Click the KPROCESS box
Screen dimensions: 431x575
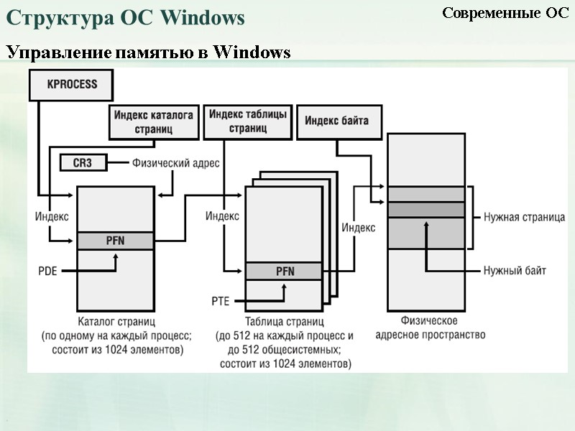coord(72,84)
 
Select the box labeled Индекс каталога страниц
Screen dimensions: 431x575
coord(155,121)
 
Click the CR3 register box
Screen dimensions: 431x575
coord(83,163)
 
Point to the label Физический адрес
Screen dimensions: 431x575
coord(175,163)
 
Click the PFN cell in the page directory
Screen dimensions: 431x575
coord(115,241)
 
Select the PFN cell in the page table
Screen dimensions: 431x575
coord(285,271)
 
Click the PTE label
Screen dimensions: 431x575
coord(220,300)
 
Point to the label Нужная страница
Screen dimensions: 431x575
coord(524,217)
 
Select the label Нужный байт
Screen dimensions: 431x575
coord(515,271)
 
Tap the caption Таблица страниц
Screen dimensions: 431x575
coord(285,321)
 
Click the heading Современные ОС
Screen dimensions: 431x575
coord(505,13)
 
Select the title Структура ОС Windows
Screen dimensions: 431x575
coord(126,17)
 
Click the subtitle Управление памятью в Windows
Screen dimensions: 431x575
coord(148,52)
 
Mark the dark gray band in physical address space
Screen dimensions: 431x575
coord(426,209)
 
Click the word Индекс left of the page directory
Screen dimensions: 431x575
coord(52,215)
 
